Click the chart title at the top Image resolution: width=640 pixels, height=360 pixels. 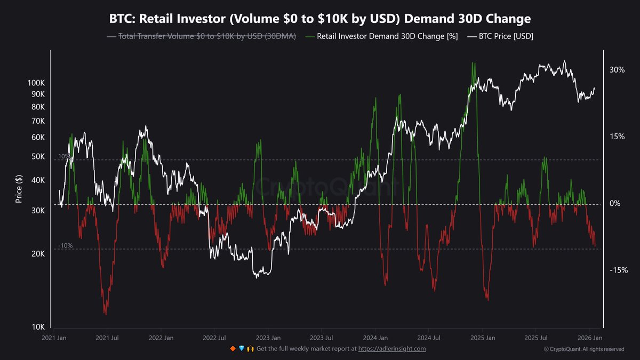tap(320, 19)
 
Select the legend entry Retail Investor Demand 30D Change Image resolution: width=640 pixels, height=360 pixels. tap(387, 37)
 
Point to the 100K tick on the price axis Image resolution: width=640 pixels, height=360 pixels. tap(35, 83)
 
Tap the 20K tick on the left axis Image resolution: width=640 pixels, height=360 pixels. tap(37, 254)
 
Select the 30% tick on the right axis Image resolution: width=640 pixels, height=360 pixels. tap(617, 70)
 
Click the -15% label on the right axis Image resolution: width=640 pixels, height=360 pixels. tap(619, 270)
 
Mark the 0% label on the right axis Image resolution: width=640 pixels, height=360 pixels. tap(614, 204)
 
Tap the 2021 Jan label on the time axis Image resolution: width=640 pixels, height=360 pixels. tap(54, 338)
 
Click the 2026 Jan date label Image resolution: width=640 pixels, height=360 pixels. tap(590, 338)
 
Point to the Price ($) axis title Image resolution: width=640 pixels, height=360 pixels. tap(19, 189)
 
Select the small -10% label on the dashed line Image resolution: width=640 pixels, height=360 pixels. tap(65, 246)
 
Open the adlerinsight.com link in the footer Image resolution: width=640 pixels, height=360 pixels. tap(392, 349)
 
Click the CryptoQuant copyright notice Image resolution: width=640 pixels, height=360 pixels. tap(584, 349)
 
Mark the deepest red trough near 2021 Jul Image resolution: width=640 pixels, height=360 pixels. tap(106, 314)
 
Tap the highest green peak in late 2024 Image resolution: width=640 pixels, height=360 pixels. tap(473, 63)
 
